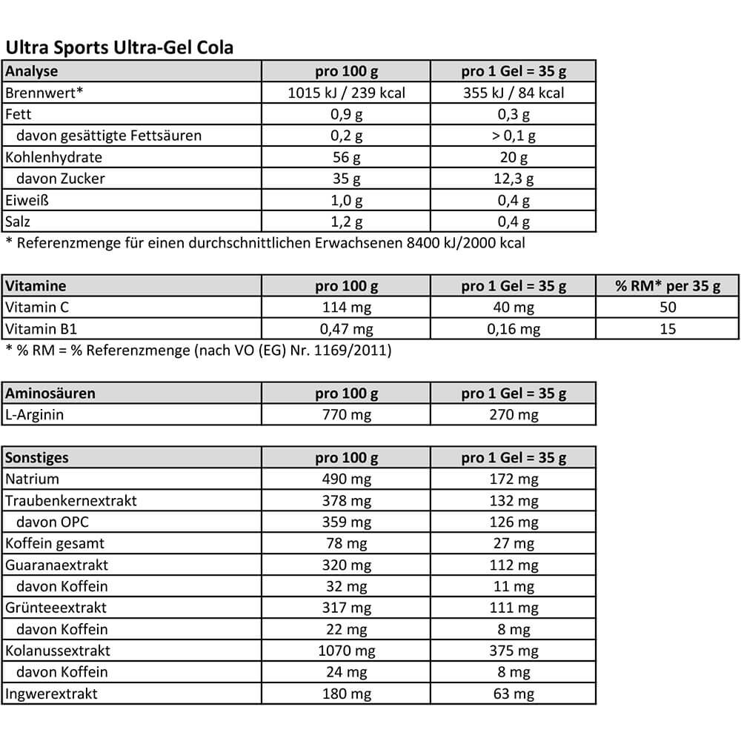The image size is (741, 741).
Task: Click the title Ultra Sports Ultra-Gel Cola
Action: [119, 47]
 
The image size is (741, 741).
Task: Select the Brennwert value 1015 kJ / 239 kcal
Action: [346, 93]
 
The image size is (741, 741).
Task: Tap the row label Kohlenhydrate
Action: [53, 157]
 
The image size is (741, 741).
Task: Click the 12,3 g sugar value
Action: [513, 179]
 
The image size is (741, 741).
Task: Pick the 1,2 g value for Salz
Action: [346, 222]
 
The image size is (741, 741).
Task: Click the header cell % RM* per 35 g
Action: [668, 286]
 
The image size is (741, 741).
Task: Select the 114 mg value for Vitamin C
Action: [346, 308]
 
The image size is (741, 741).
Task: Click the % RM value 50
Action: [668, 308]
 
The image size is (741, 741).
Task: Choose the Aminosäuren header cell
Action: [50, 393]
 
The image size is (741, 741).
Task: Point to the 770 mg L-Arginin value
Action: [346, 415]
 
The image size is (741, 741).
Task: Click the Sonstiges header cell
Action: [37, 458]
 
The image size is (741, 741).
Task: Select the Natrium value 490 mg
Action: [346, 479]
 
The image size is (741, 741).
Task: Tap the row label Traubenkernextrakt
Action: [71, 501]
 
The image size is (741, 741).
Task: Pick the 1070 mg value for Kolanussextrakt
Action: [346, 651]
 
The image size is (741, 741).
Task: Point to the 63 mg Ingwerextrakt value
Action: [513, 694]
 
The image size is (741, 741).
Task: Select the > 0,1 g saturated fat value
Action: [513, 136]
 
